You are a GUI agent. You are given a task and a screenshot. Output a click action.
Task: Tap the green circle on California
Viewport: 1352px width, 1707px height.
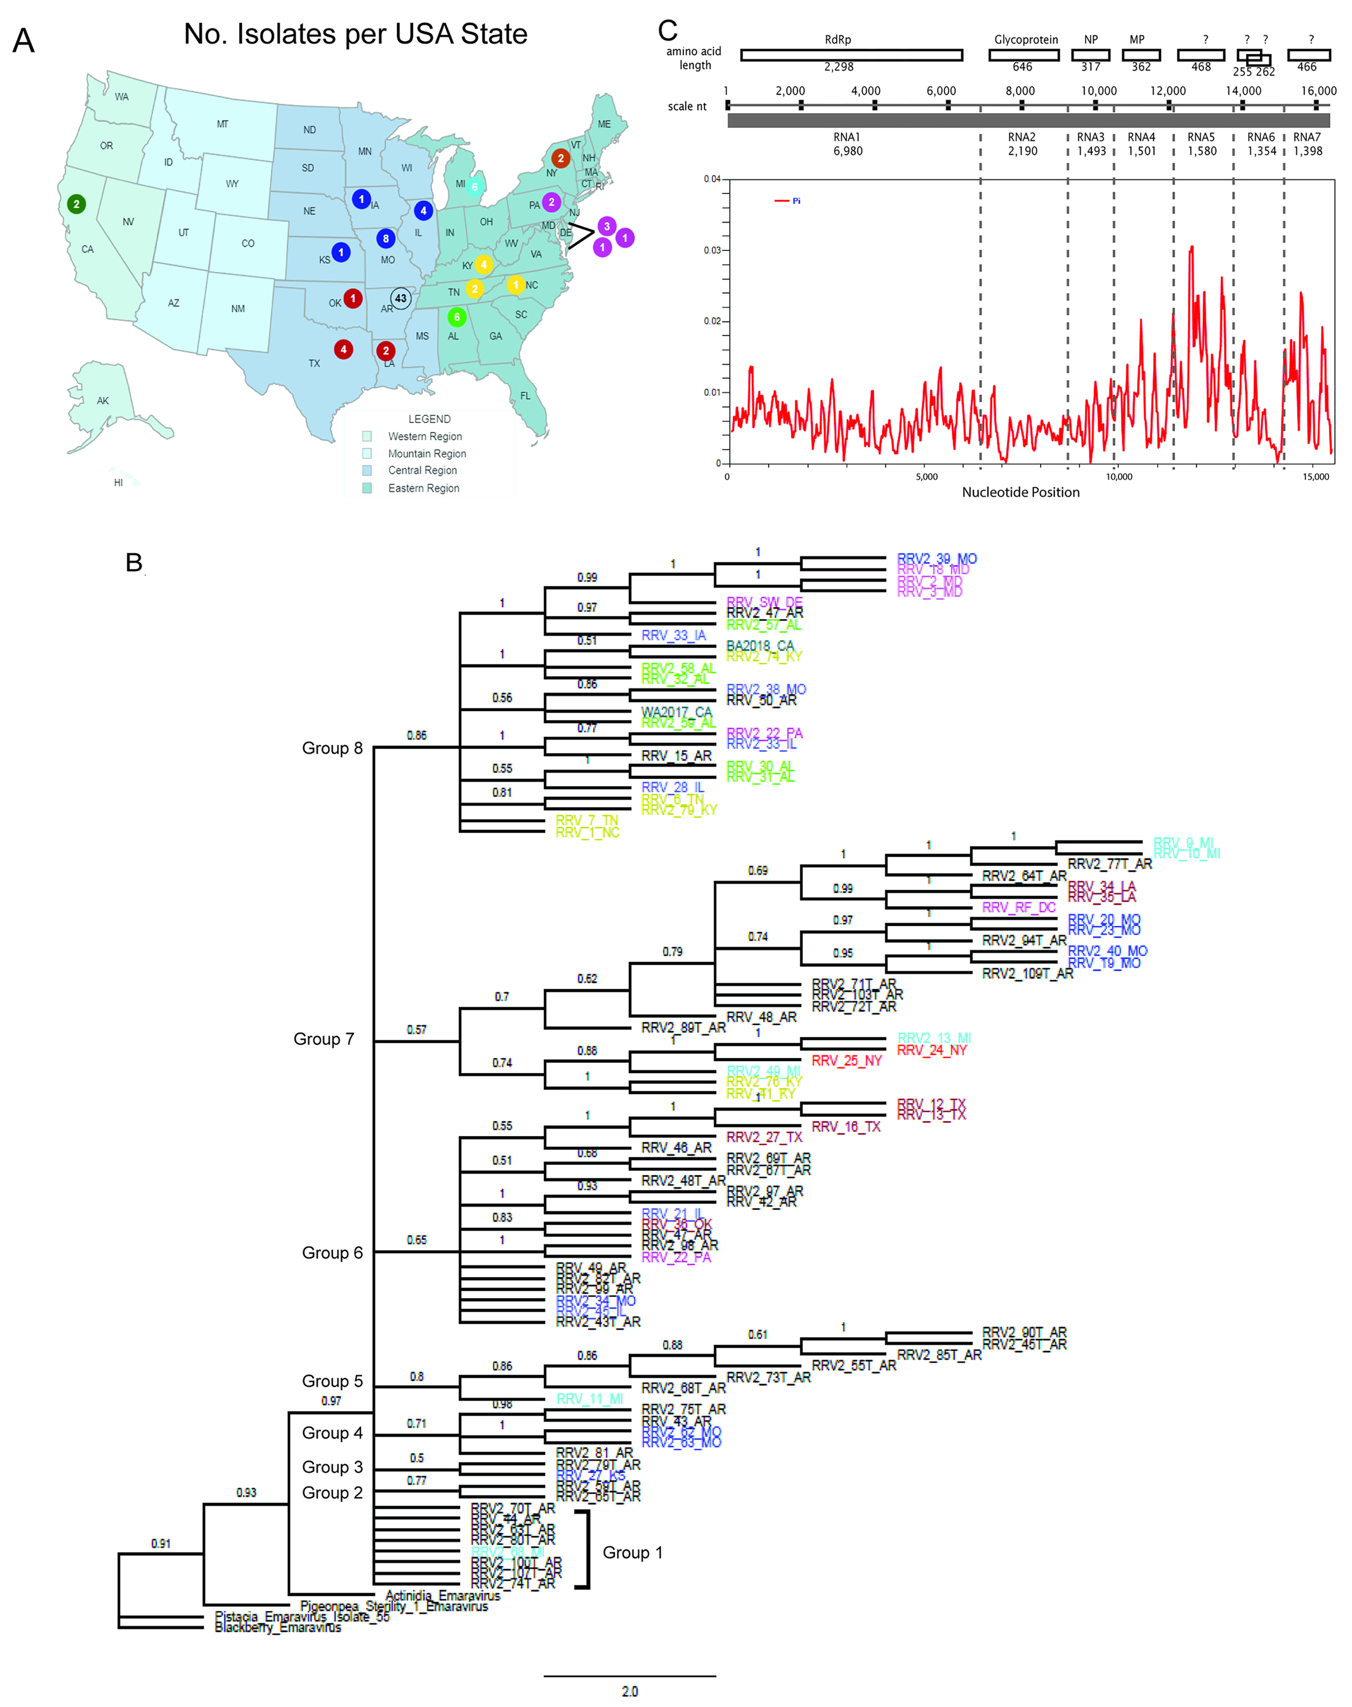pos(76,204)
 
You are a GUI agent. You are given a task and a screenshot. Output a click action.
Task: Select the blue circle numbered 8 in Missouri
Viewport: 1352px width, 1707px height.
pos(385,238)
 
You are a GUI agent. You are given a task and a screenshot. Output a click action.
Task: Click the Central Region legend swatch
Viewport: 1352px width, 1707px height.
pos(367,470)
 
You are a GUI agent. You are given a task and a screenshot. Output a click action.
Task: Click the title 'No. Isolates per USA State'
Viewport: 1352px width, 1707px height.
pos(356,34)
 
